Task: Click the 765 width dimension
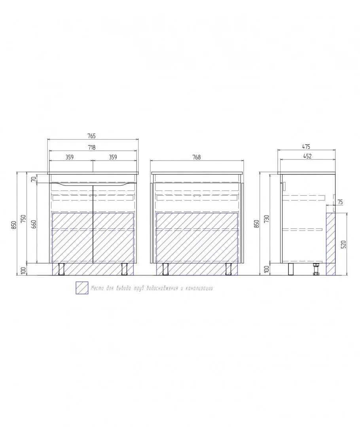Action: click(x=91, y=136)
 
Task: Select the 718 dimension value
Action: click(x=91, y=147)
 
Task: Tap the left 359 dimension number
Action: click(x=70, y=157)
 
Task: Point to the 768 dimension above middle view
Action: click(x=197, y=157)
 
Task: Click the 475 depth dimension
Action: click(x=306, y=147)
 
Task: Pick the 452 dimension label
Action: click(x=307, y=156)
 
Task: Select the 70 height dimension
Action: click(x=34, y=179)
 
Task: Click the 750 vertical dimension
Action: click(x=23, y=219)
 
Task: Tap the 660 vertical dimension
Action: click(x=34, y=224)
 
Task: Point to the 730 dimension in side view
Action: click(x=267, y=219)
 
